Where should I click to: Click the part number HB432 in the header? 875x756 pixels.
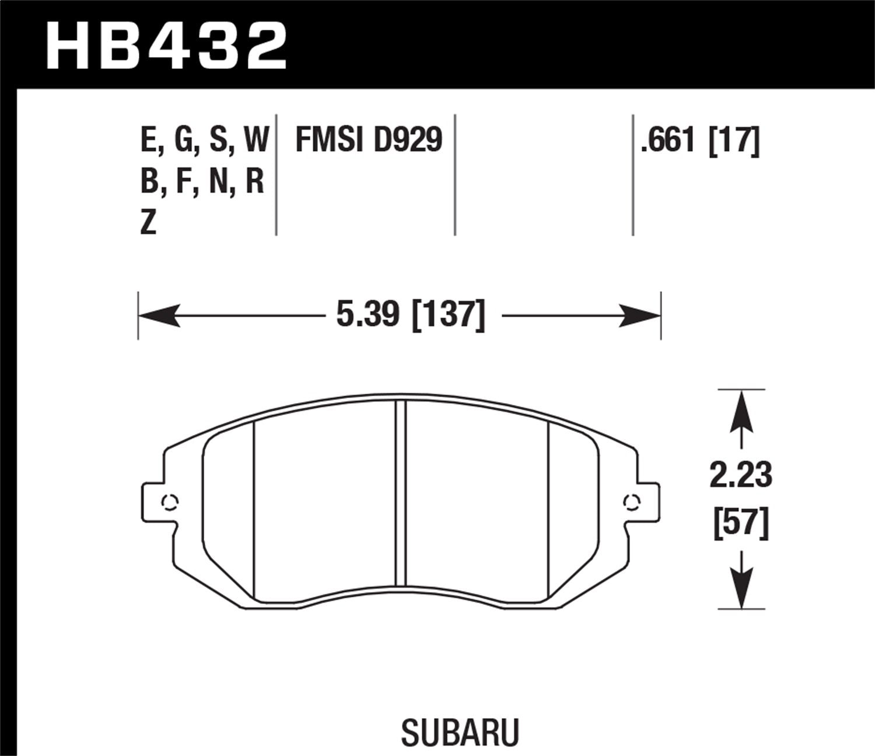(x=166, y=45)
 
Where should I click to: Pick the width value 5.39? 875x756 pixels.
(x=367, y=316)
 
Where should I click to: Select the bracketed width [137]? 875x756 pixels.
(x=449, y=316)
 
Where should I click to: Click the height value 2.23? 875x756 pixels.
(x=741, y=474)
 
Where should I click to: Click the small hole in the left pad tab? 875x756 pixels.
(x=170, y=502)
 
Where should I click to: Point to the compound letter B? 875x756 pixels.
(x=149, y=182)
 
